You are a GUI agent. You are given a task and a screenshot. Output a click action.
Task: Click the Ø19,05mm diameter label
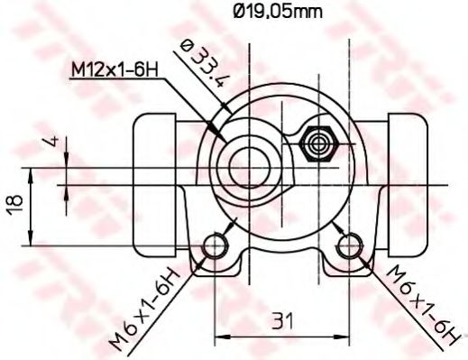point(276,12)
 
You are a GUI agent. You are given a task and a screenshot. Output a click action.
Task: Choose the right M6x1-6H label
point(418,305)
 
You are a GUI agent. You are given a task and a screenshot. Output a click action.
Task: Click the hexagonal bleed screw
point(318,143)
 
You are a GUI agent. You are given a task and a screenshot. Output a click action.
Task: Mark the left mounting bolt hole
point(216,245)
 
